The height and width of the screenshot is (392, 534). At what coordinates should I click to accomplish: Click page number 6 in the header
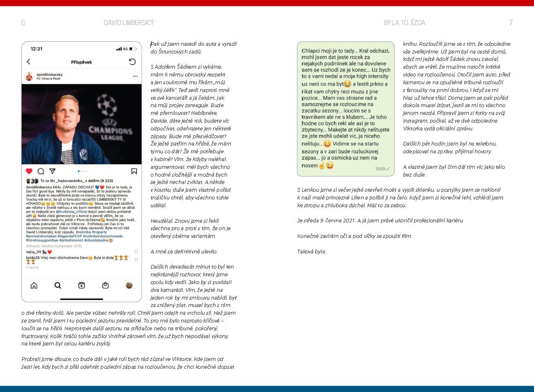(23, 22)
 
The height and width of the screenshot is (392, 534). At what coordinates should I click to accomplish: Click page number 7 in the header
(510, 22)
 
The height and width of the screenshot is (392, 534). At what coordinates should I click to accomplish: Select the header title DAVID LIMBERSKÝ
(129, 22)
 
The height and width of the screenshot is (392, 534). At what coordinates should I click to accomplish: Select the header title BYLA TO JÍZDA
(404, 22)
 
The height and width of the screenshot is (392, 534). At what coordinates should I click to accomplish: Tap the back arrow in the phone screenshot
(29, 62)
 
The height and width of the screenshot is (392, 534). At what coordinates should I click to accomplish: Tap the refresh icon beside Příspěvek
(132, 62)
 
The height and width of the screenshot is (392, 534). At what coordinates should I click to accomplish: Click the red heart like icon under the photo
(29, 171)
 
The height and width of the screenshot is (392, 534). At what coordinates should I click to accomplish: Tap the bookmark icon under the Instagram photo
(134, 171)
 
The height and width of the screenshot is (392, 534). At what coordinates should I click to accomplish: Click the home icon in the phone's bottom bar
(34, 285)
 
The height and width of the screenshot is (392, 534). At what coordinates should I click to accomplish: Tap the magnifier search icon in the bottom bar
(58, 285)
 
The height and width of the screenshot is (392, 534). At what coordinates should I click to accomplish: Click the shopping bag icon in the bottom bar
(105, 285)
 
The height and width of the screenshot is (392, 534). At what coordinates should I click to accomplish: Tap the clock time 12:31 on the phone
(36, 49)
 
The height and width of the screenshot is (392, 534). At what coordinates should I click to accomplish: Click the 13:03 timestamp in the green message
(380, 169)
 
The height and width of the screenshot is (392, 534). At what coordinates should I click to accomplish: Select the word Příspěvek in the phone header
(81, 62)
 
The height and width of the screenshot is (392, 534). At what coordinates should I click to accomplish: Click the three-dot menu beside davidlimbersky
(135, 76)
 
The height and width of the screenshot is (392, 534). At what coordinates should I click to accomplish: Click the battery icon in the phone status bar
(133, 49)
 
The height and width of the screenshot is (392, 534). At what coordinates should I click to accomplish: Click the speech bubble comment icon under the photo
(41, 171)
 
